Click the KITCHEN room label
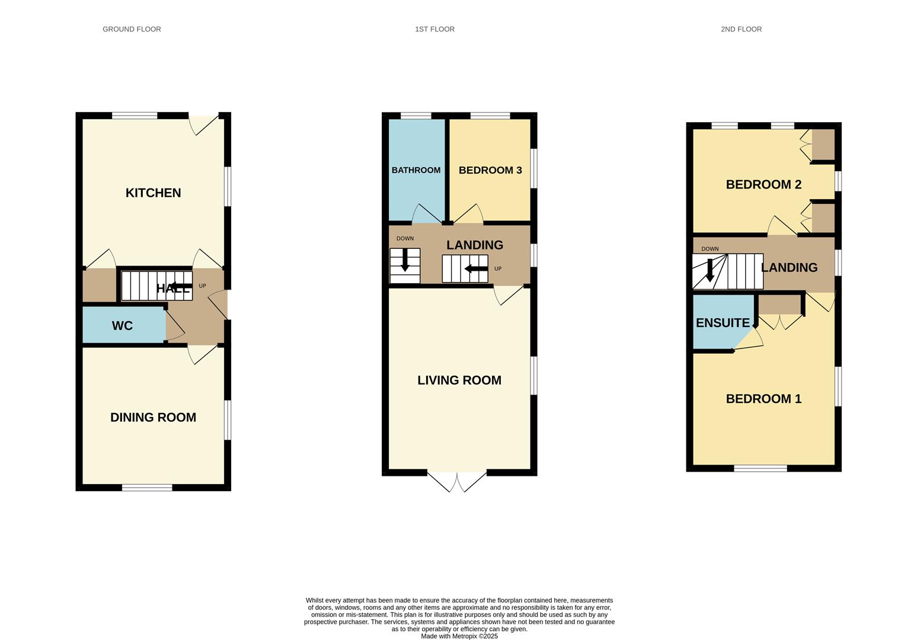[x=153, y=193]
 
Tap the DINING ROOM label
[x=153, y=417]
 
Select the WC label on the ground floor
[x=122, y=326]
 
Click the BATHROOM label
[x=416, y=170]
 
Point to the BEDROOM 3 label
[x=490, y=170]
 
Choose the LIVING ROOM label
[x=459, y=380]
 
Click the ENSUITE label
[x=723, y=323]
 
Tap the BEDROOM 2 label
[x=763, y=184]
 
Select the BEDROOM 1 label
[x=763, y=399]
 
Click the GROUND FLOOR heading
[x=132, y=29]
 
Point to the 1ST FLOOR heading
[x=434, y=29]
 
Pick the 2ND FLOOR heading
[x=741, y=29]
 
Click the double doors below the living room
[x=457, y=481]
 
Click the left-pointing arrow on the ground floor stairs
[x=181, y=287]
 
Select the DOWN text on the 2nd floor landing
[x=710, y=249]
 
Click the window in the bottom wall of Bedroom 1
[x=761, y=468]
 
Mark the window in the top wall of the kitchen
[x=135, y=116]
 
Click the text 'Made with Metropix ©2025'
[x=459, y=636]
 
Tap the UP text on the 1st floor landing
[x=498, y=268]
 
